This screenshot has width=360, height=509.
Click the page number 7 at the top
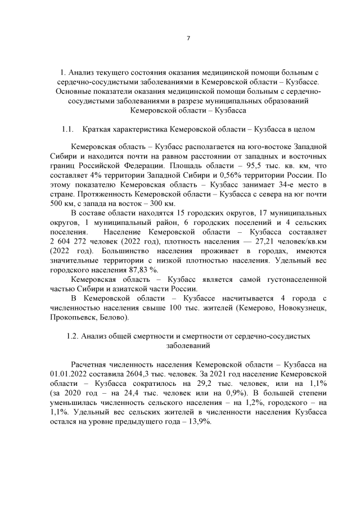188,38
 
